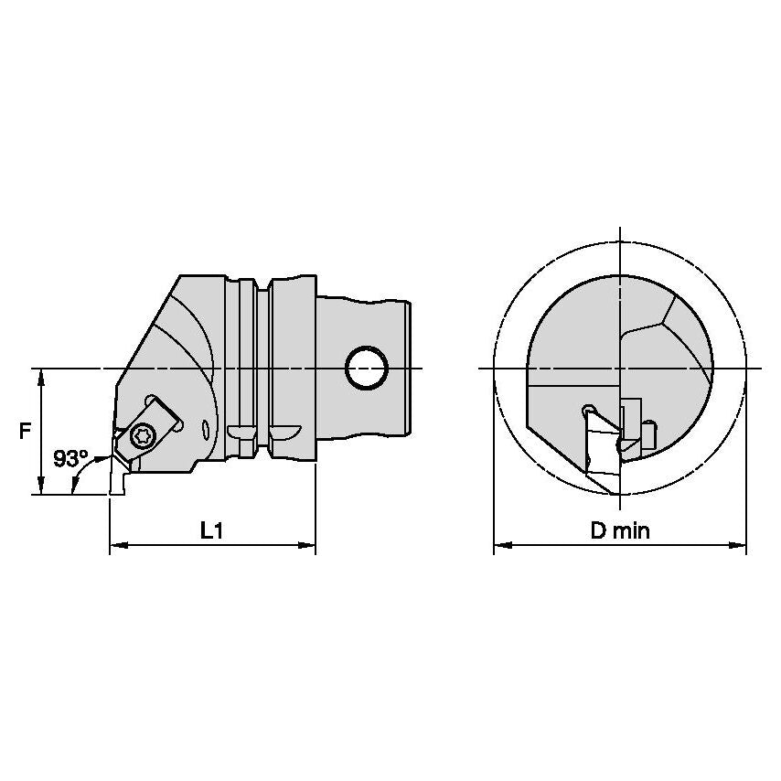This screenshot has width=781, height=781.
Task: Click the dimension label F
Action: click(25, 431)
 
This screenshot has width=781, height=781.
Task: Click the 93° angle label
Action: click(70, 459)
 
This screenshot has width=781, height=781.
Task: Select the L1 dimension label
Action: click(211, 531)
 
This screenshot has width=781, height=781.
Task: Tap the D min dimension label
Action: click(620, 531)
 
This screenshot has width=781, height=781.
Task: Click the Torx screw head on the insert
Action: click(143, 437)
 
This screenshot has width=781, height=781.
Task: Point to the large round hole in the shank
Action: click(367, 368)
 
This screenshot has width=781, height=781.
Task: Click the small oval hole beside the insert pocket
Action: click(206, 430)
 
